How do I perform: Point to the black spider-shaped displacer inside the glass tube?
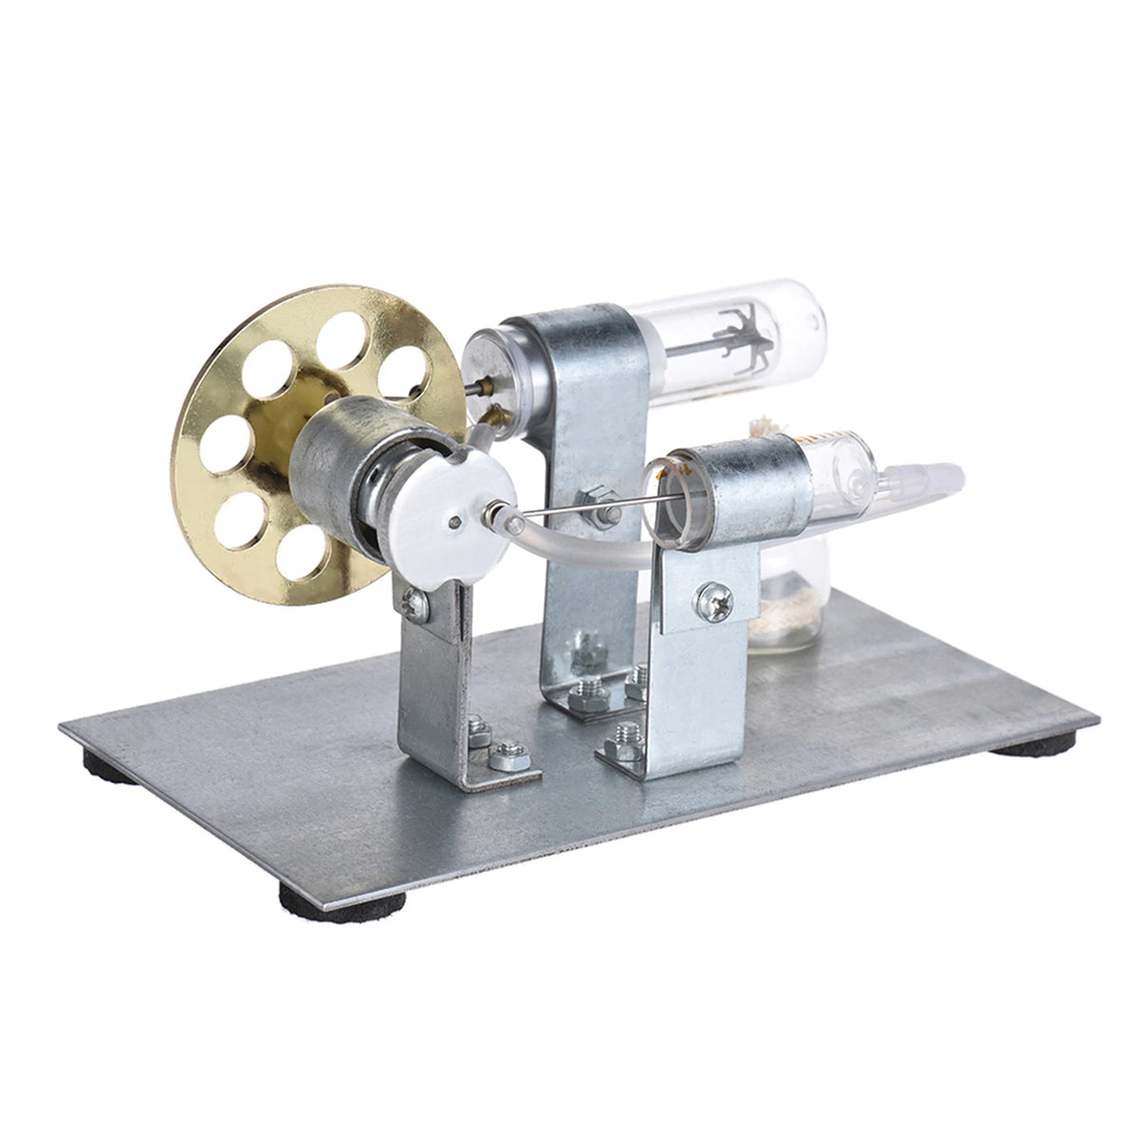click(736, 348)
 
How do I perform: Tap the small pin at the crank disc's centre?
click(458, 519)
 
